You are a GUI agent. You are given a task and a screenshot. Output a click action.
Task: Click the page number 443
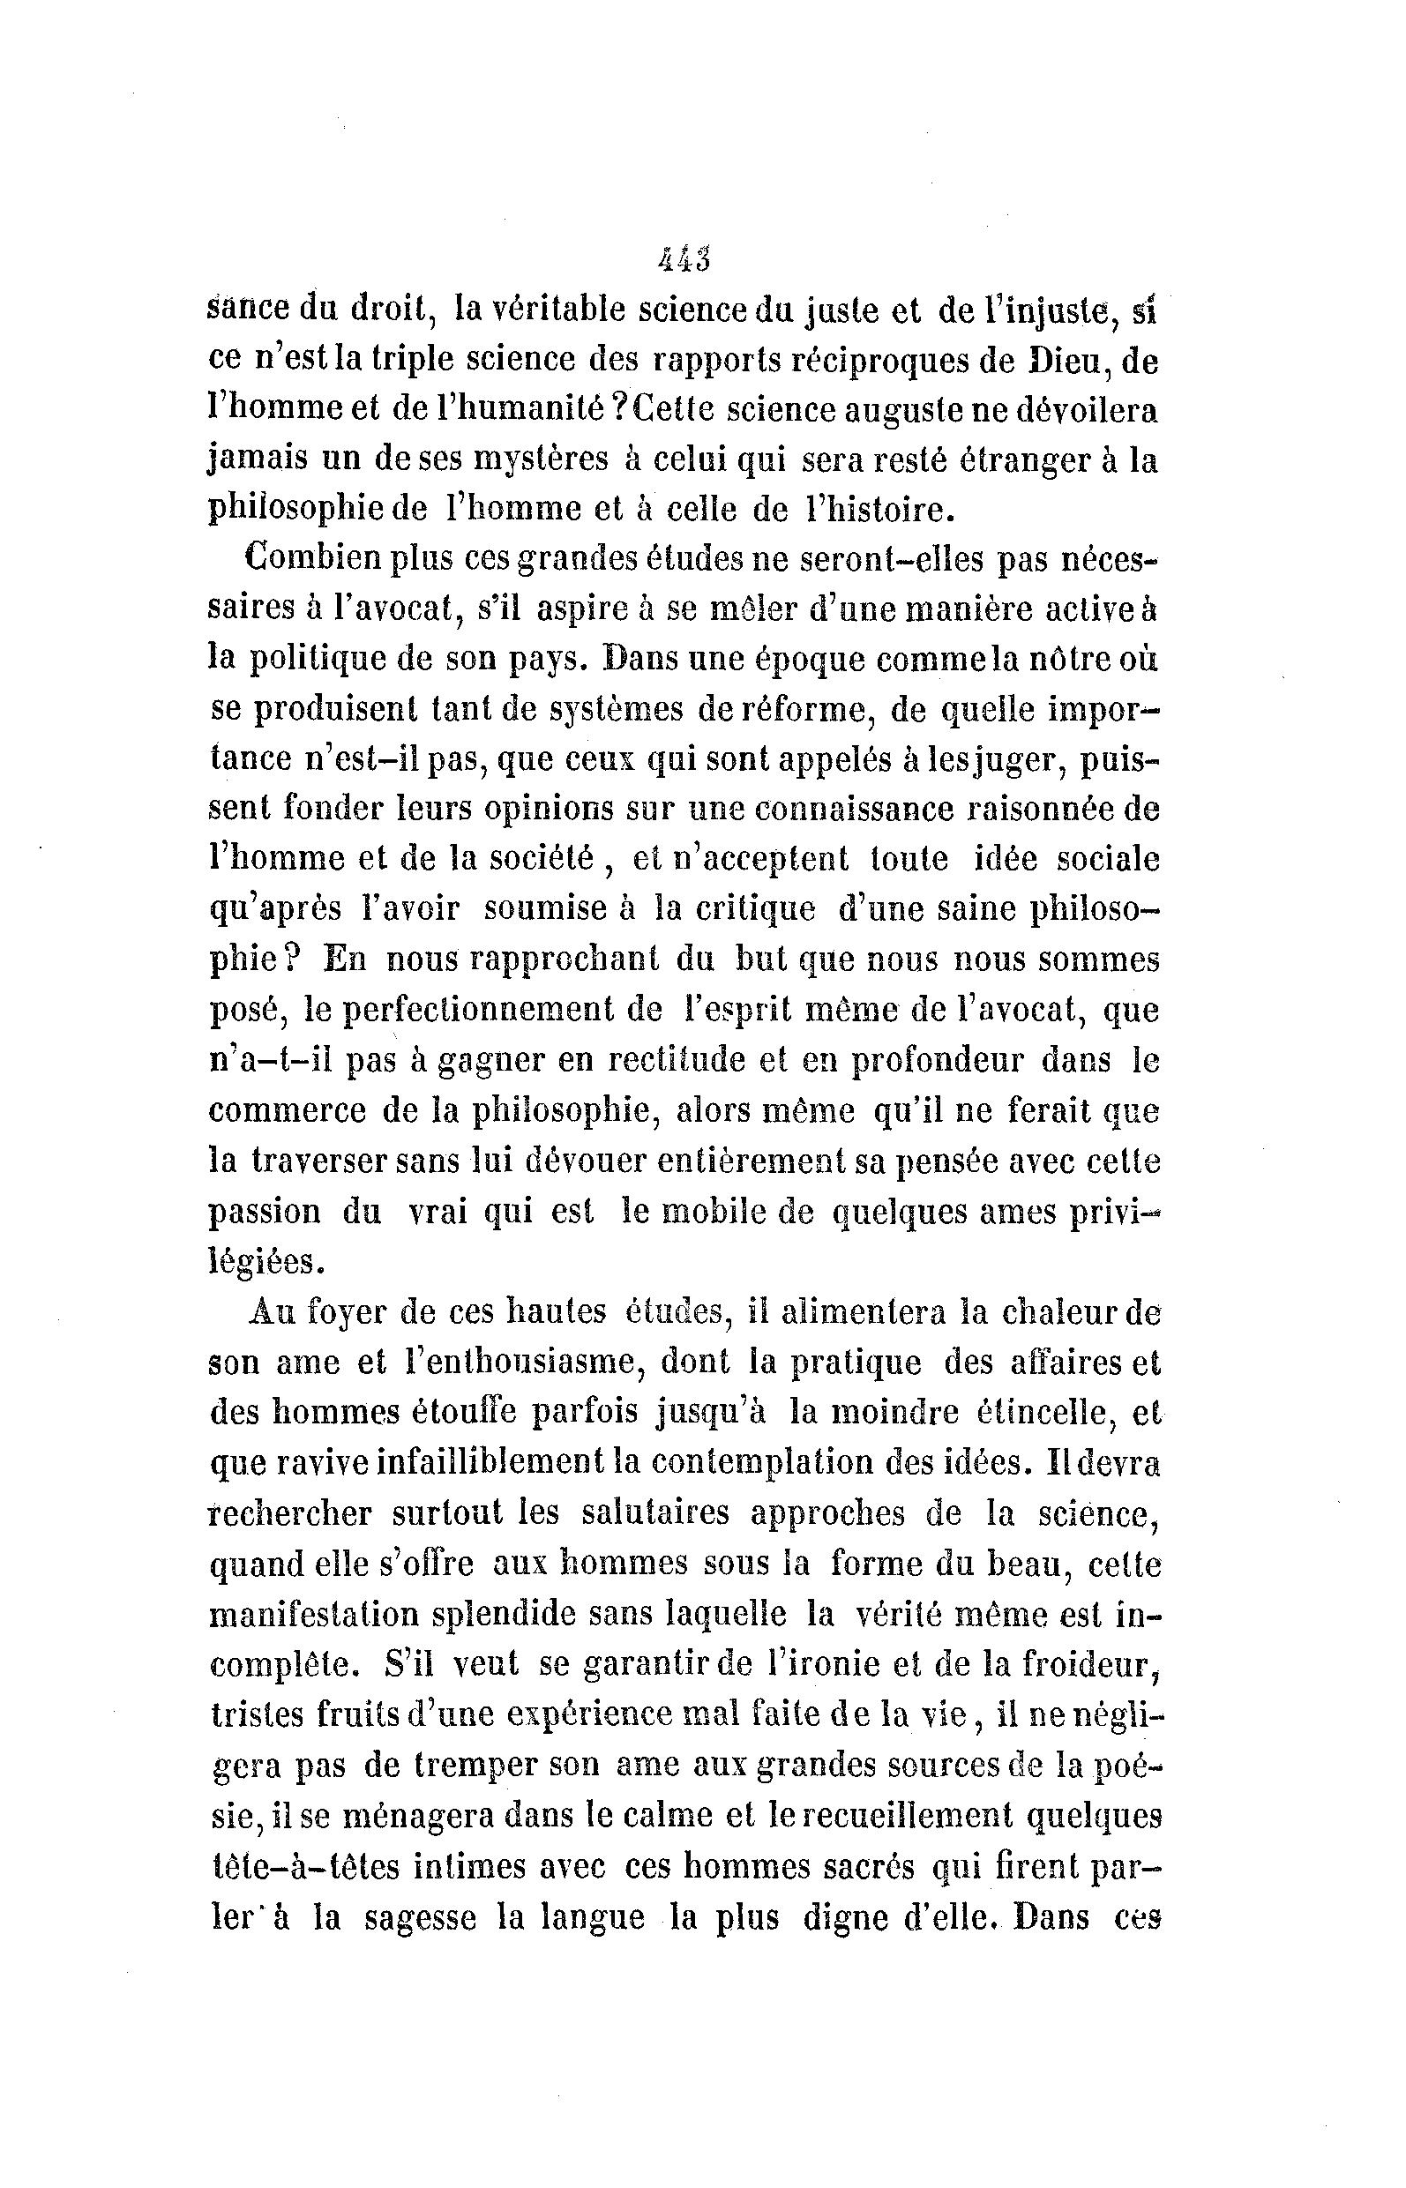684,260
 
